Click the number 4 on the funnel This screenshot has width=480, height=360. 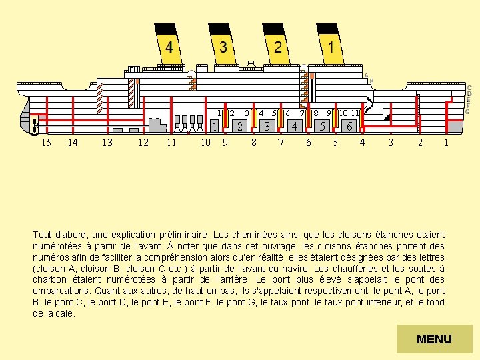[169, 47]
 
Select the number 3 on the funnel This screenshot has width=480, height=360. [223, 47]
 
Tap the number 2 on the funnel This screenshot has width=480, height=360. [277, 47]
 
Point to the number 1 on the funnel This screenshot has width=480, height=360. [331, 47]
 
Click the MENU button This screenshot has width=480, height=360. [434, 339]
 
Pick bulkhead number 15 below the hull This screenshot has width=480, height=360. [46, 142]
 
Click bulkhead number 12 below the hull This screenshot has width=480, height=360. [143, 142]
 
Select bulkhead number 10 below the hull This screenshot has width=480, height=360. [205, 142]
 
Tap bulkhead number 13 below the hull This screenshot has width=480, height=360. [107, 142]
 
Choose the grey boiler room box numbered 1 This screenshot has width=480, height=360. [214, 125]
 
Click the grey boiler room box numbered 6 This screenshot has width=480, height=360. [349, 125]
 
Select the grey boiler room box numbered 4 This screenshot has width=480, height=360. [294, 125]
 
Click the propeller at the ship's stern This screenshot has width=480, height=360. [33, 125]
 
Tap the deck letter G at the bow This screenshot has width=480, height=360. [467, 111]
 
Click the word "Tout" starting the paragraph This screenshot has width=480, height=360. [42, 235]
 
